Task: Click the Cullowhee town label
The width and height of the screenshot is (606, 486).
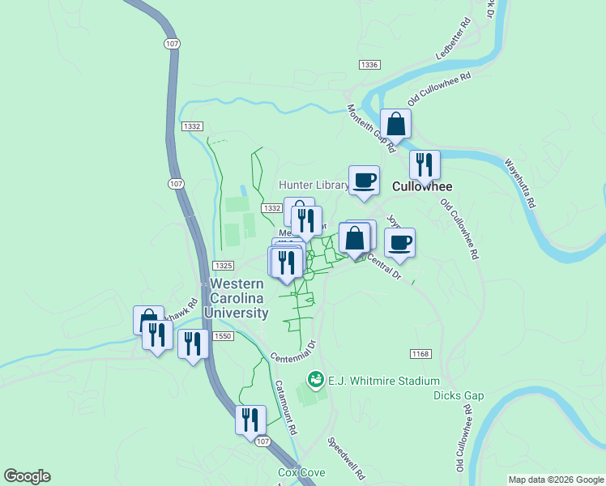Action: coord(421,186)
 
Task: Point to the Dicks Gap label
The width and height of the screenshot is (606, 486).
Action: coord(459,395)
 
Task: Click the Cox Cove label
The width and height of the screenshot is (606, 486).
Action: coord(301,472)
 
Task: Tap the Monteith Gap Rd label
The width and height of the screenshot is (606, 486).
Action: coord(370,129)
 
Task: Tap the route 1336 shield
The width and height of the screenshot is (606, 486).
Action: coord(369,65)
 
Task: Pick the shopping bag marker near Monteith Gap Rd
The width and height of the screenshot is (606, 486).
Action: coord(395,125)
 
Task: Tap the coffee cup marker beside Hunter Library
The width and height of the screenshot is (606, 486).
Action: coord(364,180)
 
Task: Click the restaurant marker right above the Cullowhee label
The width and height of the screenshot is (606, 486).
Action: coord(425,165)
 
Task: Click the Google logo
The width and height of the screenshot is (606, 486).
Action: coord(27,476)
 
